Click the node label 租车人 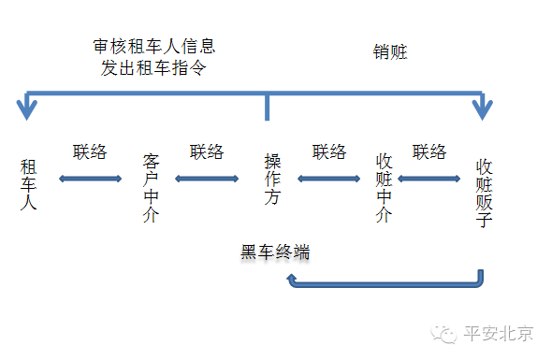tap(28, 184)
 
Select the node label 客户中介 tap(152, 188)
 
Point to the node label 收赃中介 tap(383, 188)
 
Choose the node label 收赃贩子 tap(484, 192)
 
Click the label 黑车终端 tap(275, 252)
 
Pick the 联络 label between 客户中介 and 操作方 tap(207, 151)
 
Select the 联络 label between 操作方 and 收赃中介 tap(329, 151)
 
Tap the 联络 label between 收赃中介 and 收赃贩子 tap(429, 151)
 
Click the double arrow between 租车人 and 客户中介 tap(90, 178)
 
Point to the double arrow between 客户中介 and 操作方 tap(207, 178)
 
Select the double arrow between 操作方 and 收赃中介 tap(328, 178)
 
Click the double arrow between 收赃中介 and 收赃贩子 tap(430, 178)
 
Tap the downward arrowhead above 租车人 tap(28, 109)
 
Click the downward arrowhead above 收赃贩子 tap(482, 109)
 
